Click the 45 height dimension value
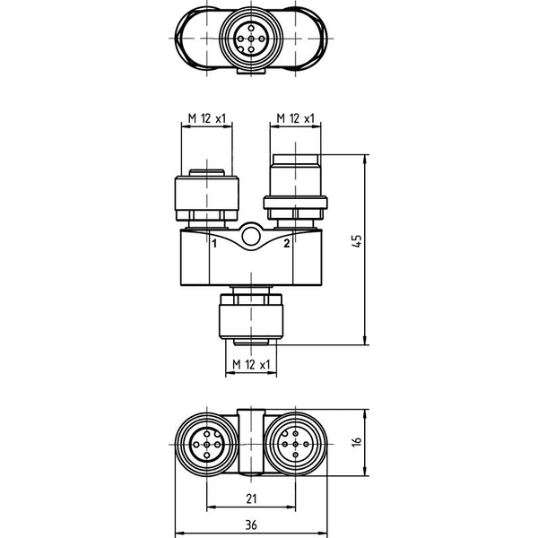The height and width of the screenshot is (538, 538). pos(357,241)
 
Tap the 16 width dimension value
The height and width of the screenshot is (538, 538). pos(357,441)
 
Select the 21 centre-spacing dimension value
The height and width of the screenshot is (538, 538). pos(251,499)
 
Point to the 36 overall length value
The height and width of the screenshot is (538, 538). pos(251,525)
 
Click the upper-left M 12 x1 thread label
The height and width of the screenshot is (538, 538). pos(207,118)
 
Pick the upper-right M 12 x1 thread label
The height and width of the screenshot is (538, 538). pos(295,118)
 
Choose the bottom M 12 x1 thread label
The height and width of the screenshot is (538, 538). pos(251,364)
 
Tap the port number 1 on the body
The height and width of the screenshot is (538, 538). pos(214,244)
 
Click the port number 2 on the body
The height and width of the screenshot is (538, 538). pos(287,243)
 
